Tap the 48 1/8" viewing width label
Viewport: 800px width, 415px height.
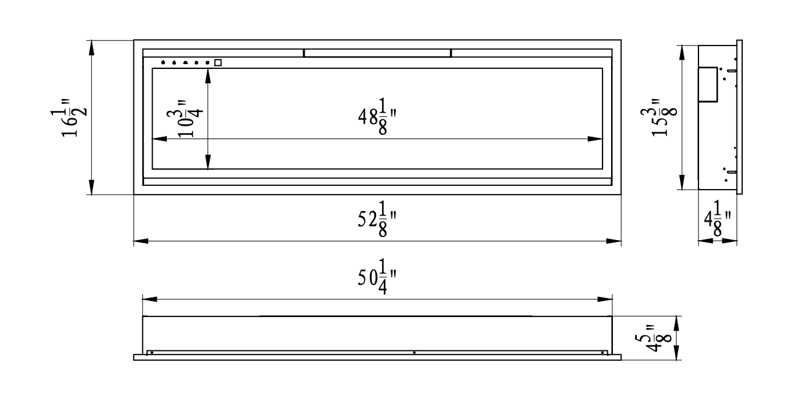click(x=376, y=118)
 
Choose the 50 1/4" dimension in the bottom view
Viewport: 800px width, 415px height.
click(x=376, y=278)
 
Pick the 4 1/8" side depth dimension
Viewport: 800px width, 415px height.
click(x=718, y=219)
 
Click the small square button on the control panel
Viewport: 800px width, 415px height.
click(x=218, y=62)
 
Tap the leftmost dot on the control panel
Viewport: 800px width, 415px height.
click(x=163, y=62)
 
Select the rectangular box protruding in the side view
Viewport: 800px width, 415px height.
click(x=707, y=84)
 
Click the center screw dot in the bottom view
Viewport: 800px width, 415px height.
click(x=414, y=353)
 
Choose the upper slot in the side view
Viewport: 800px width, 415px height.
click(x=731, y=71)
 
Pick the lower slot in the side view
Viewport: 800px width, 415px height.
click(x=731, y=172)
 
